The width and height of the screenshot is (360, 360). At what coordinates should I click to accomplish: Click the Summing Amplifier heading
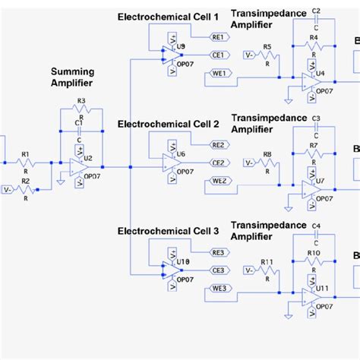point(72,77)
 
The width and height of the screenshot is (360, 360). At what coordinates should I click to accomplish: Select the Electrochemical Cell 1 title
point(168,16)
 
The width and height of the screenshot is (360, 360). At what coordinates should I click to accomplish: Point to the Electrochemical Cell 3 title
point(168,231)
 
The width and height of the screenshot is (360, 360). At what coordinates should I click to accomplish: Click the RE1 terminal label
point(218,36)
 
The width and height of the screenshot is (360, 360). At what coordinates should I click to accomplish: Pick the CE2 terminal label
point(218,162)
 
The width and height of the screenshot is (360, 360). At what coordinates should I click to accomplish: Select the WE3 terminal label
point(218,288)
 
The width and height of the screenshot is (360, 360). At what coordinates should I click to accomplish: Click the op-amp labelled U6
point(170,162)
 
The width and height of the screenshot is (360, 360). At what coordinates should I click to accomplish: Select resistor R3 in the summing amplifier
point(81,110)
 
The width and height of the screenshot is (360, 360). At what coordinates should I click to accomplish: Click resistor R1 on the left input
point(24,163)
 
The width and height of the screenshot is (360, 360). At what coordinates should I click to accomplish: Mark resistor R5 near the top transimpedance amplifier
point(267,55)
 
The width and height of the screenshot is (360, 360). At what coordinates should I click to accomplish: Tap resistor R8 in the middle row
point(267,163)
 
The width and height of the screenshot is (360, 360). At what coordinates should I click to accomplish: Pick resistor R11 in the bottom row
point(267,270)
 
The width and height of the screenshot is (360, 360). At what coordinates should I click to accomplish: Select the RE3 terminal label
point(218,251)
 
